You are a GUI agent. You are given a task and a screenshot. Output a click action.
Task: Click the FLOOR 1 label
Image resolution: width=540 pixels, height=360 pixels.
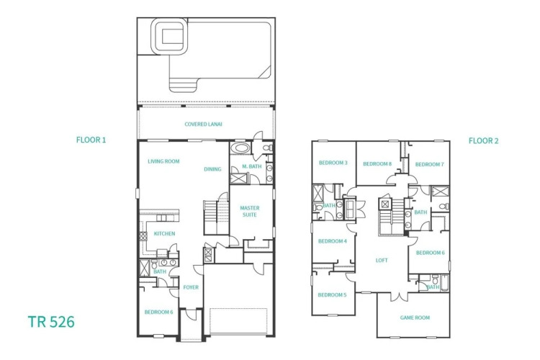(x=91, y=140)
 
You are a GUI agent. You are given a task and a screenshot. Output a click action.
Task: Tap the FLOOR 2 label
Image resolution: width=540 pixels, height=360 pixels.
(x=483, y=140)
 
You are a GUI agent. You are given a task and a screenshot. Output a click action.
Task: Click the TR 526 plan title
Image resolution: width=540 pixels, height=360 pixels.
(x=51, y=322)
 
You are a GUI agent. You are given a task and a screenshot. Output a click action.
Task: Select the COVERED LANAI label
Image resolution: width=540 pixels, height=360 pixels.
(x=203, y=124)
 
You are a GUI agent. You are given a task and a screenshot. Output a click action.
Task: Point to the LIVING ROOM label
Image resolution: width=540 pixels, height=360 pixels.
(x=163, y=161)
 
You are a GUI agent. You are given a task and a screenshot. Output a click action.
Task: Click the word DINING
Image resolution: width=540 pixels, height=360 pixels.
(x=212, y=169)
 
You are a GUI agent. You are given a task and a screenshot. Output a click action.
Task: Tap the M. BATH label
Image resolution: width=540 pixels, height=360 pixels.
(x=252, y=166)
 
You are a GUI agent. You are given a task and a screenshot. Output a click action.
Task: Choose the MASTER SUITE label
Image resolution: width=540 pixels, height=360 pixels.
(x=250, y=211)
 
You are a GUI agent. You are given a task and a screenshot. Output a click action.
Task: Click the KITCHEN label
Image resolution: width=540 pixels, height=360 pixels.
(x=164, y=233)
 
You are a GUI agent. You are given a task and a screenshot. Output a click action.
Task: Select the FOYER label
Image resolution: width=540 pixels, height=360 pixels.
(x=191, y=287)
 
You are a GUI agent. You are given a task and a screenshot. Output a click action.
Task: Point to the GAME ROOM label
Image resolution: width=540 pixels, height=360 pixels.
(x=415, y=318)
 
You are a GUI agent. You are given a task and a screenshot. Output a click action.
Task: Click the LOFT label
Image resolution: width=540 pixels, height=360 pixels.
(x=382, y=261)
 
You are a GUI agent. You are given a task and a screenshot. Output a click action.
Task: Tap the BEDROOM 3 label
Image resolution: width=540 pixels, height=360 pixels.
(x=333, y=163)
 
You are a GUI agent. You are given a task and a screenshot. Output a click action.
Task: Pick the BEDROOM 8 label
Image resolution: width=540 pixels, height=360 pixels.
(x=377, y=164)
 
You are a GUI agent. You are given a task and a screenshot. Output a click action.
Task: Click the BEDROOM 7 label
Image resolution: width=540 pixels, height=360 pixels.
(x=429, y=164)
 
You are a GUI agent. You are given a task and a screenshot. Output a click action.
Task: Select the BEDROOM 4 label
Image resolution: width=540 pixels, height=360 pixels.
(x=333, y=241)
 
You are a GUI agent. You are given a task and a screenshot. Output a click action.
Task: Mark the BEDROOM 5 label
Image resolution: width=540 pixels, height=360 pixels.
(x=332, y=295)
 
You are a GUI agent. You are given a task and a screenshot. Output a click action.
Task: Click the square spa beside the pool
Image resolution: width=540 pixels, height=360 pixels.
(x=170, y=37)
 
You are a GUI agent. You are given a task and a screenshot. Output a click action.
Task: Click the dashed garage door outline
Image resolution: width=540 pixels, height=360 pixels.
(x=238, y=321)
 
